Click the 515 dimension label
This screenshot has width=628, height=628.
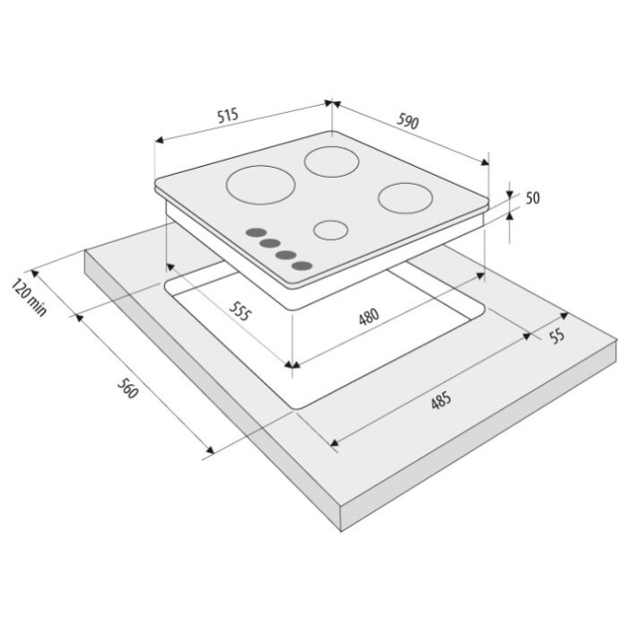click(228, 116)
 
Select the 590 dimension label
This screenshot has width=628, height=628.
click(407, 121)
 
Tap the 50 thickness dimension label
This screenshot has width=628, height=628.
click(532, 198)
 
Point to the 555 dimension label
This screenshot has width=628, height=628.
click(240, 311)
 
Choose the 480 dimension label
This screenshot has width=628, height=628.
click(369, 316)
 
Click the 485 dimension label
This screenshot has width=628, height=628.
click(441, 400)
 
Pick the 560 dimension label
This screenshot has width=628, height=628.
click(127, 388)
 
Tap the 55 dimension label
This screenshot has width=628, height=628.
click(557, 336)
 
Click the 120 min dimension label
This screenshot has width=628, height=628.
click(29, 298)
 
